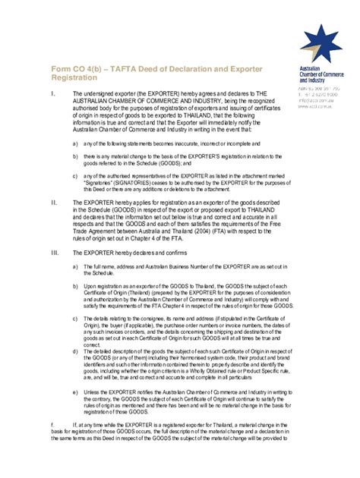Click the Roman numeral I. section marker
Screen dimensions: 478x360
coord(52,94)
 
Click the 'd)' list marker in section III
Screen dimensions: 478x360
coord(74,351)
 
